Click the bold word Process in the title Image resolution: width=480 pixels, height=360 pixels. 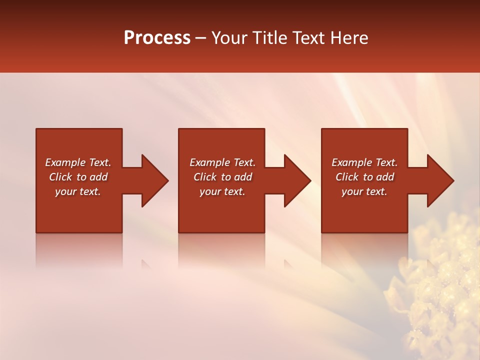[157, 38]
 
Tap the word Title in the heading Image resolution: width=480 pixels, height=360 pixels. [271, 38]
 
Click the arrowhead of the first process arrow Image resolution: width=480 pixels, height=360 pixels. [154, 180]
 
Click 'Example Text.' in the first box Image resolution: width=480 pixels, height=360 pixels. [78, 162]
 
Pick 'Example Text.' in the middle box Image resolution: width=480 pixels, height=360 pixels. [222, 162]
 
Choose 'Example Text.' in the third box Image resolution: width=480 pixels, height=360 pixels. [364, 162]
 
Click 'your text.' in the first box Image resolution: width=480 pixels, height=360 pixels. [78, 191]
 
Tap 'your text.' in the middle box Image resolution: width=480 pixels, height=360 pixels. [222, 191]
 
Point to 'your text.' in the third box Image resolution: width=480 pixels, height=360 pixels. [364, 191]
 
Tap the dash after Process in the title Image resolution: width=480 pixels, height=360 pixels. [201, 38]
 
